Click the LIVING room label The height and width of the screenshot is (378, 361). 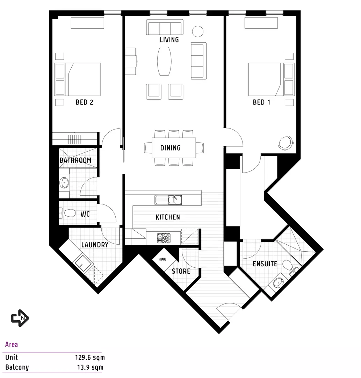pyautogui.click(x=169, y=40)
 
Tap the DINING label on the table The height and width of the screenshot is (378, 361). pyautogui.click(x=171, y=148)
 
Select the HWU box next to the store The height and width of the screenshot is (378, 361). pyautogui.click(x=163, y=259)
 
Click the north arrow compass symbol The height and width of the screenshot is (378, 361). pyautogui.click(x=20, y=318)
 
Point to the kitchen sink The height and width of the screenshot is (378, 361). pyautogui.click(x=168, y=200)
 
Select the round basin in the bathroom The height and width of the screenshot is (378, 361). pyautogui.click(x=64, y=182)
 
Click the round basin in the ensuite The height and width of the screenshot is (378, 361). pyautogui.click(x=279, y=281)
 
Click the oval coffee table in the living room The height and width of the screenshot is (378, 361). pyautogui.click(x=165, y=61)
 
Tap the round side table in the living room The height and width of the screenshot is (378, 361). pyautogui.click(x=198, y=31)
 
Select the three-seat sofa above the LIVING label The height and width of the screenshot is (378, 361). pyautogui.click(x=165, y=27)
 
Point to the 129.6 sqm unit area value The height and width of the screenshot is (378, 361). pyautogui.click(x=89, y=358)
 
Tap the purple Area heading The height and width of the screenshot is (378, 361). pyautogui.click(x=12, y=344)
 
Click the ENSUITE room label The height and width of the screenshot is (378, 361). pyautogui.click(x=265, y=264)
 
